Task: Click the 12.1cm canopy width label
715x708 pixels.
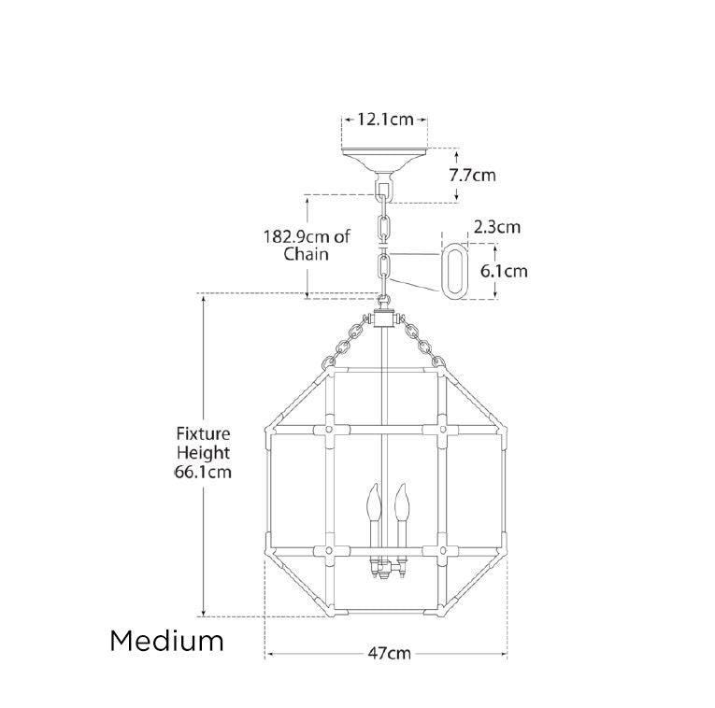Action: (x=385, y=120)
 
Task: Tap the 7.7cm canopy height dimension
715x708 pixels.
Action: (x=472, y=175)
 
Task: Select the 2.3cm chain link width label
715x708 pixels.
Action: (x=497, y=226)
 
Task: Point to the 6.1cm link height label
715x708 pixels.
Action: (x=505, y=271)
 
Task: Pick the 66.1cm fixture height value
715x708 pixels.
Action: (x=204, y=472)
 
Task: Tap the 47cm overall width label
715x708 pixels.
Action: (x=390, y=653)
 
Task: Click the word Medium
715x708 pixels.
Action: (x=167, y=641)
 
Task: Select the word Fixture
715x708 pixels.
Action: (x=204, y=433)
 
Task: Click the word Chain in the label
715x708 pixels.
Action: (x=306, y=254)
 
